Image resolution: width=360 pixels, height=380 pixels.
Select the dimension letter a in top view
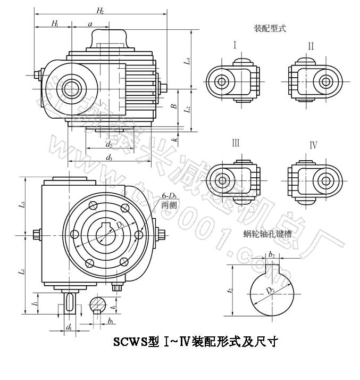[90, 23]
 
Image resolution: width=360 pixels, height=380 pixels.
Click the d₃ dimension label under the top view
[109, 157]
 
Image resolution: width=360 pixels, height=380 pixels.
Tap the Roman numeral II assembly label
[311, 46]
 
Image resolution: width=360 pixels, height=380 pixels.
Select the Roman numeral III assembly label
[236, 143]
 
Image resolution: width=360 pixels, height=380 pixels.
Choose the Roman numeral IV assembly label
[313, 145]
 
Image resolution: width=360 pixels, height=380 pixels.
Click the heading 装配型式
[270, 28]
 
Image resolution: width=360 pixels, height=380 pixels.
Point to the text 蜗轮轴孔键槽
[267, 233]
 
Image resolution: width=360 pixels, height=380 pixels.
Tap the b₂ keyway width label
[272, 255]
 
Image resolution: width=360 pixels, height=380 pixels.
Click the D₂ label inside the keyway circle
[270, 291]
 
